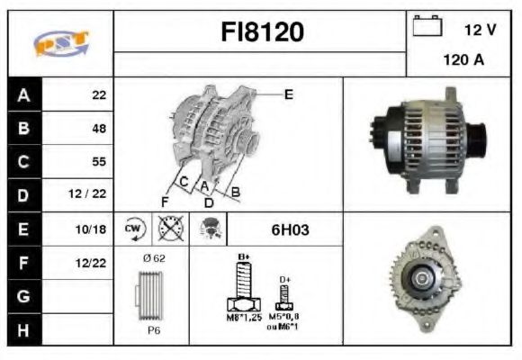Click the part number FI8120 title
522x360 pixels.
pos(263,32)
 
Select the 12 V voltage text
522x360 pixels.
pos(480,30)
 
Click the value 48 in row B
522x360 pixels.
pos(98,129)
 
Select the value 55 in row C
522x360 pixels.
pos(98,162)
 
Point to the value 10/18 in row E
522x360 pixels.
pos(93,230)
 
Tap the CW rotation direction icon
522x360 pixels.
pos(134,229)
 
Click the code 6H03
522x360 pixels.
pos(290,229)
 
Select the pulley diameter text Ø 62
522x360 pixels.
pos(155,258)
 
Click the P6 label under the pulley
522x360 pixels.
pos(154,330)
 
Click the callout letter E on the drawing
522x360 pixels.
pos(288,94)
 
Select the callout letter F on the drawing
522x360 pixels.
pos(165,200)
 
